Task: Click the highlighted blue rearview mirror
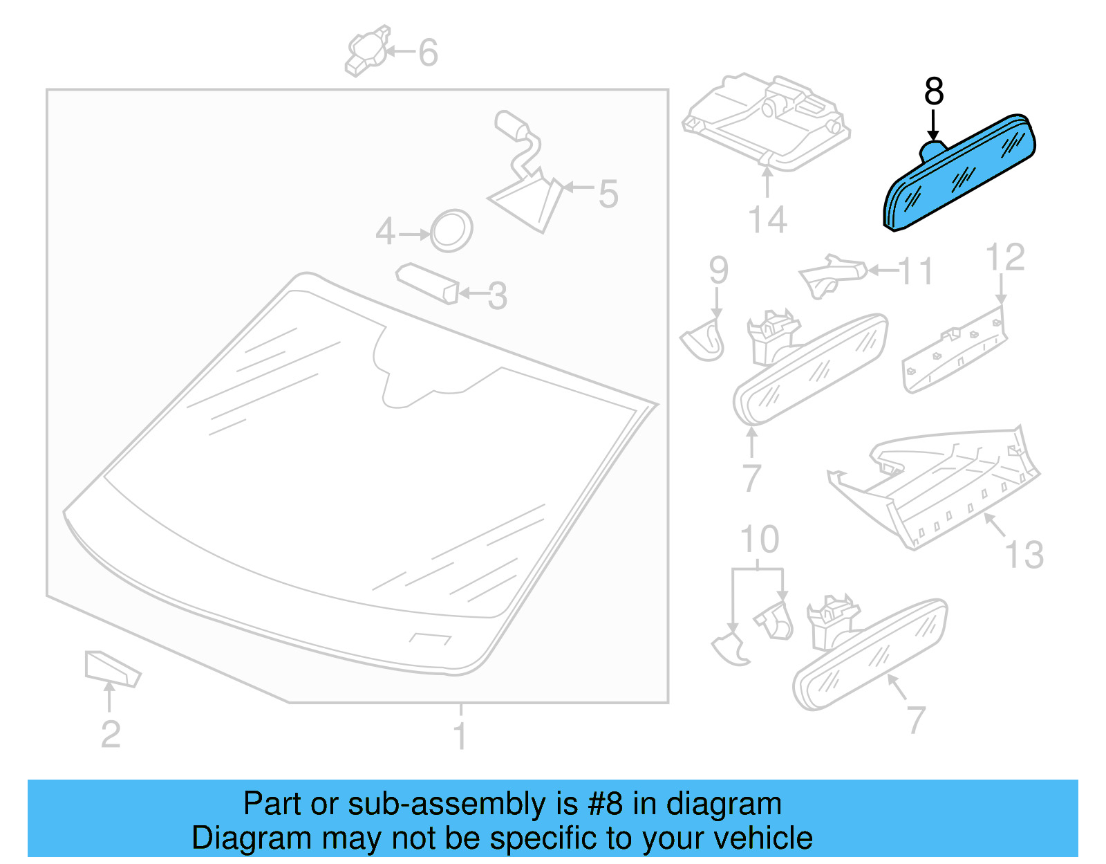[961, 173]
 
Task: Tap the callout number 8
[933, 91]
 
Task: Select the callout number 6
[428, 53]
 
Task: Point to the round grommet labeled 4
[451, 230]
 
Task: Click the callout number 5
[608, 194]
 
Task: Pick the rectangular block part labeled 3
[427, 282]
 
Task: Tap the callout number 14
[767, 220]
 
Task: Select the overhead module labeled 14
[766, 121]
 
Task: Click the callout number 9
[718, 270]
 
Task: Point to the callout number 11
[916, 272]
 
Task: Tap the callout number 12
[1004, 257]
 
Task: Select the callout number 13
[1024, 554]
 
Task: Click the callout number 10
[759, 540]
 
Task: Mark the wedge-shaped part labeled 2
[111, 668]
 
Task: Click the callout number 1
[460, 735]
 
